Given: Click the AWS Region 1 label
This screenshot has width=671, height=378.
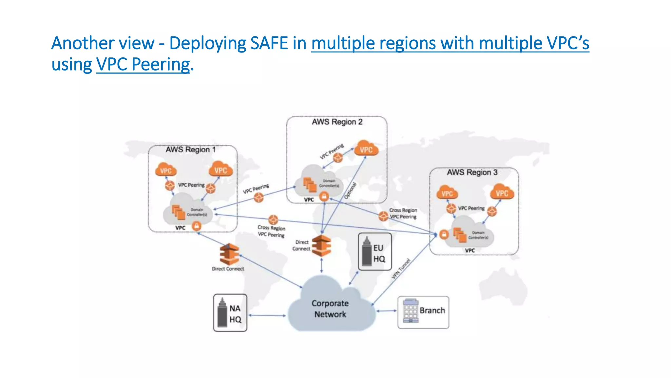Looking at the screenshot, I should click(x=190, y=150).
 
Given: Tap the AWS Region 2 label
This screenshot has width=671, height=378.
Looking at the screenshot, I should click(x=337, y=122).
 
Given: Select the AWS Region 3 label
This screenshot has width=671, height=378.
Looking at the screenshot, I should click(x=472, y=173).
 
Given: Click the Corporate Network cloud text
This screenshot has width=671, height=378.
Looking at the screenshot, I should click(x=330, y=309).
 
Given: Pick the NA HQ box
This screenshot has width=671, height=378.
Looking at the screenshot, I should click(x=230, y=313).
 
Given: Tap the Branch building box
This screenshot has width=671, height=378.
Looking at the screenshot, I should click(x=423, y=312).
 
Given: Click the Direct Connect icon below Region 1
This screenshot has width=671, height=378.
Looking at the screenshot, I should click(x=229, y=254).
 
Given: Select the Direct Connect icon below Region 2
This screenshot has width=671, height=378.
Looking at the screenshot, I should click(x=321, y=246).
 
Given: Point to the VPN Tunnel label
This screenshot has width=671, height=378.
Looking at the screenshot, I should click(x=401, y=269).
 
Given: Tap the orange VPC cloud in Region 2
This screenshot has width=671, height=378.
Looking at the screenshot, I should click(x=366, y=149).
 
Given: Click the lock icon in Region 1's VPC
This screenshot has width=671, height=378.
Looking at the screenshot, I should click(x=196, y=226).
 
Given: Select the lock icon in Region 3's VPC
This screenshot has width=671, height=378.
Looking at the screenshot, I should click(x=444, y=235).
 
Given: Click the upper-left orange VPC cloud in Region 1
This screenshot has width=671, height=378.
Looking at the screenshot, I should click(x=166, y=170).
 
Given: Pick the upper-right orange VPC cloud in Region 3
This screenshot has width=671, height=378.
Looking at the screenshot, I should click(x=502, y=193).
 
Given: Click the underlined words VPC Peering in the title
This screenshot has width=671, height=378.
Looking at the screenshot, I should click(x=143, y=65).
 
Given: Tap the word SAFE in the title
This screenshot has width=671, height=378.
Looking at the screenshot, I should click(x=269, y=43).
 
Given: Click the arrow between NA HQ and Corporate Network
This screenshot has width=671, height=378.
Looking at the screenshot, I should click(x=267, y=315).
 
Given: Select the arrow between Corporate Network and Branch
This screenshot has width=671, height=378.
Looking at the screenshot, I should click(x=387, y=311).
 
